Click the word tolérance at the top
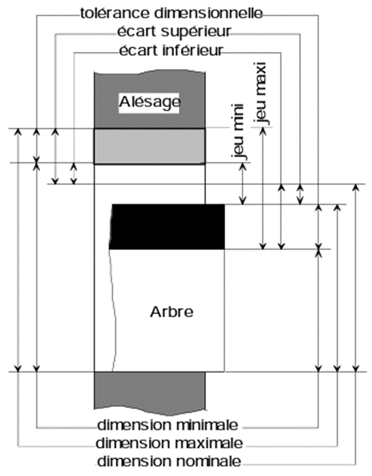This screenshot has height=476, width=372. click(115, 14)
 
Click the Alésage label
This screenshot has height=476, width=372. click(150, 102)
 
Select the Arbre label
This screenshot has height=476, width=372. click(171, 312)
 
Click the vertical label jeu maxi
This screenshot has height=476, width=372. click(261, 94)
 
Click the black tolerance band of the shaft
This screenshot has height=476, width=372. click(167, 227)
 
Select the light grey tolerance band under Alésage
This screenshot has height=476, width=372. click(149, 146)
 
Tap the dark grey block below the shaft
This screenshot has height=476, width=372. click(150, 392)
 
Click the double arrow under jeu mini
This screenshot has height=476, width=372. click(242, 184)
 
